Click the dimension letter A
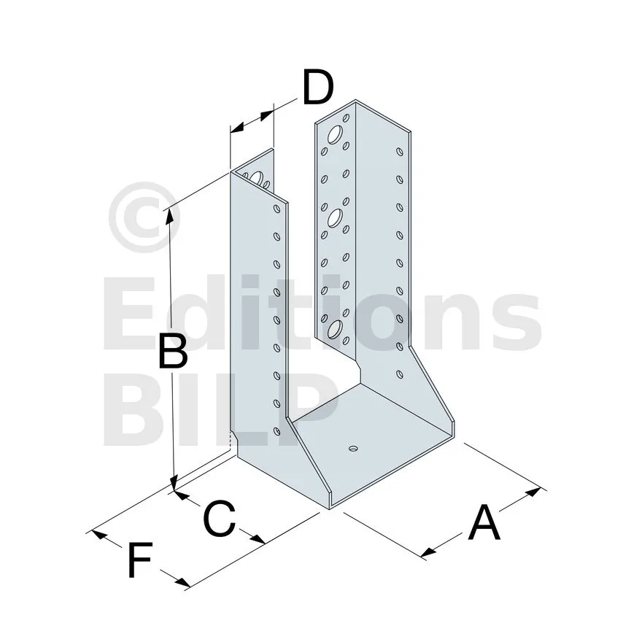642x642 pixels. click(x=484, y=523)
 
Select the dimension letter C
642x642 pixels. click(x=219, y=519)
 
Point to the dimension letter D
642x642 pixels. click(x=318, y=88)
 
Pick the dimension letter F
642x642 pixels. click(x=140, y=560)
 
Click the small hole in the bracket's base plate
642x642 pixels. click(x=353, y=449)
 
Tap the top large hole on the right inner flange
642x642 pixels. click(x=335, y=135)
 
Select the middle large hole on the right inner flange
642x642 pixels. click(x=335, y=217)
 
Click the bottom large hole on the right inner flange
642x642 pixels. click(x=335, y=330)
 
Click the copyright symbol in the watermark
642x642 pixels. click(x=144, y=217)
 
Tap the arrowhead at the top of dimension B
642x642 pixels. click(x=169, y=216)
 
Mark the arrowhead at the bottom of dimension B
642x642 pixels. click(x=174, y=483)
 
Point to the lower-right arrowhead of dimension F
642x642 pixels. click(x=182, y=583)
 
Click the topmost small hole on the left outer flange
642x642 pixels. click(x=276, y=209)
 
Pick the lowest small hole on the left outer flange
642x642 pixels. click(x=276, y=431)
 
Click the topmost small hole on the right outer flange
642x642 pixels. click(x=400, y=152)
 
